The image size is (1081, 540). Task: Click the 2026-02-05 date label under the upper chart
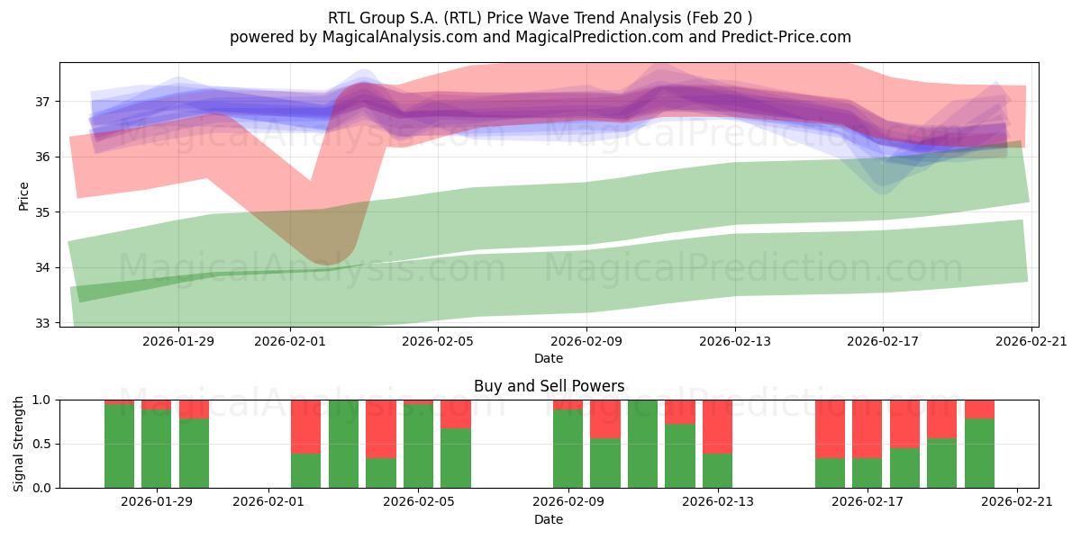tap(438, 341)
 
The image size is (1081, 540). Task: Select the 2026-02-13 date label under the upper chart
tap(735, 341)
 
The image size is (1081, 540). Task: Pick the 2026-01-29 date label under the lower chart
tap(158, 502)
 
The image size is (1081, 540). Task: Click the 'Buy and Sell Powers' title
tap(549, 386)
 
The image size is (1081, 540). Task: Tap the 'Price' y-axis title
tap(24, 195)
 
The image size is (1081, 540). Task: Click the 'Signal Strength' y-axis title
tap(19, 444)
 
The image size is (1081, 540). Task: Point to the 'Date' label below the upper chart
tap(549, 358)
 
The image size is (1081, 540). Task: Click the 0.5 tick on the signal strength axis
tap(43, 444)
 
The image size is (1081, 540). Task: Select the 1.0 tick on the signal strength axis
tap(43, 400)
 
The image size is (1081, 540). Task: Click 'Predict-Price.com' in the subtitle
tap(786, 37)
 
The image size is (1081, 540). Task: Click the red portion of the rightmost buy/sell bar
tap(979, 409)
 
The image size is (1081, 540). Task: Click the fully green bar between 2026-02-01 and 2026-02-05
tap(343, 444)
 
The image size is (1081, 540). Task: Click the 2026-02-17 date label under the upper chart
tap(883, 341)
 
